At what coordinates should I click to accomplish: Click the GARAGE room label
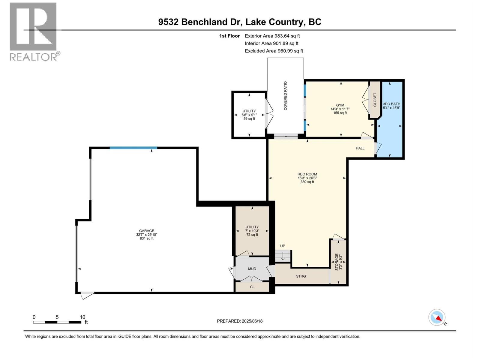pos(146,231)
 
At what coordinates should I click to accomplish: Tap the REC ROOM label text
pos(307,174)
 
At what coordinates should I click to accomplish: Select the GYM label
pos(340,105)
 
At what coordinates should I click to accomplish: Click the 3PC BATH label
pos(391,104)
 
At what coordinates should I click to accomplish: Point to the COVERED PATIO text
pos(285,96)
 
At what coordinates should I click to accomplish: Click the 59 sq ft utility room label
pos(249,115)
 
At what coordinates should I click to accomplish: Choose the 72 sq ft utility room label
pos(252,231)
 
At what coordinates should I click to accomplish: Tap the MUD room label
pos(252,269)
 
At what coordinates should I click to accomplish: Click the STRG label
pos(301,276)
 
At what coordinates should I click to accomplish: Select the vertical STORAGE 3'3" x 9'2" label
pos(338,262)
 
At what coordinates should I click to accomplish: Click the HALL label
pos(360,148)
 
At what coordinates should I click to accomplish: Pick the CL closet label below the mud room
pos(252,287)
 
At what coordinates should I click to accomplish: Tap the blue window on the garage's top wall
pos(133,148)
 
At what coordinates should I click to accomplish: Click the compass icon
pos(437,317)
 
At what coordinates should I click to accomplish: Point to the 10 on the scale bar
pos(82,317)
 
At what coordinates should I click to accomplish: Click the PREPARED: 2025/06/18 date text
pos(240,321)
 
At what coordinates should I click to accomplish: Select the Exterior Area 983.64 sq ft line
pos(272,36)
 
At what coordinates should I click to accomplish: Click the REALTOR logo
pos(34,32)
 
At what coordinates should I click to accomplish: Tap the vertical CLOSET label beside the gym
pos(375,100)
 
